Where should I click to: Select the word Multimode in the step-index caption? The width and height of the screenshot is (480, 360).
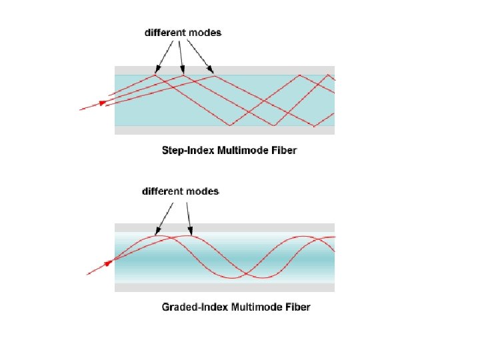point(241,150)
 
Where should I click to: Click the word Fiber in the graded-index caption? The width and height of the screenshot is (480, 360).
point(297,307)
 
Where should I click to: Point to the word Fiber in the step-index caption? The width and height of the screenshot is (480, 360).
point(283,150)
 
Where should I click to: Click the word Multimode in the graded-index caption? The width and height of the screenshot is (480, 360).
point(253,307)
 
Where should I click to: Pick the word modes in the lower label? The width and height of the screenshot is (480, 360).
point(203,191)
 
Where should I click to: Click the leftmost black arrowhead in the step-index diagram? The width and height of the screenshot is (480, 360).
point(157,70)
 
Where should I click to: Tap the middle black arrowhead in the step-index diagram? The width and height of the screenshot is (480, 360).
point(183,71)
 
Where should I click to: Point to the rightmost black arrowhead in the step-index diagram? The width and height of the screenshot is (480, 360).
point(211,70)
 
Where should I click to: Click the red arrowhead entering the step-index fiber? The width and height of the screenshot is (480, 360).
point(103,102)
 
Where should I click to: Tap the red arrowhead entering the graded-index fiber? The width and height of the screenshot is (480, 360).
point(107,265)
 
